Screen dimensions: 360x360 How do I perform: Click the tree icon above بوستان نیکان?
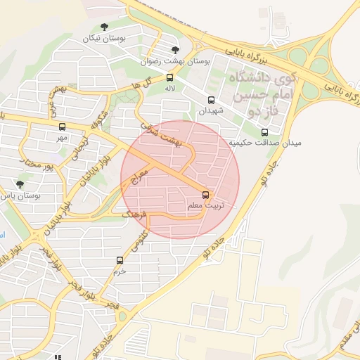point(104,27)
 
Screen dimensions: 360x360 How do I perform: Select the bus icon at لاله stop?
point(169,77)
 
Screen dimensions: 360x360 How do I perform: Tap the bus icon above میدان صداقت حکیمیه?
point(264,132)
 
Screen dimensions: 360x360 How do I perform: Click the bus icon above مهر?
point(63,127)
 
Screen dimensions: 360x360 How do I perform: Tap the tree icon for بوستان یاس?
point(20,185)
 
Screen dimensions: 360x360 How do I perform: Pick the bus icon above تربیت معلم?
point(206,194)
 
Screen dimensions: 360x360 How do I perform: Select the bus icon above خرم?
point(120,260)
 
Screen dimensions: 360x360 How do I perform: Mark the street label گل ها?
point(139,85)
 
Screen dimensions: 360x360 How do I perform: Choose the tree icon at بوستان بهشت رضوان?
point(175,49)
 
